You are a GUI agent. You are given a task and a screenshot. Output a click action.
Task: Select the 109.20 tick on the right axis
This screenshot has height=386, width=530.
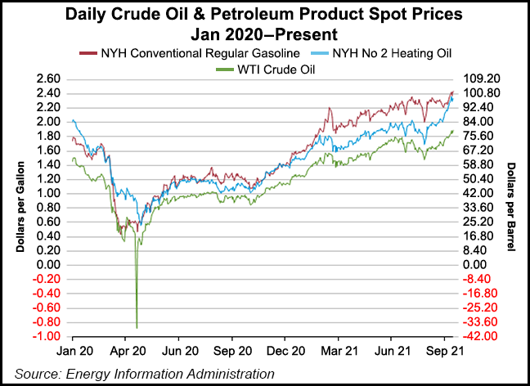coord(480,79)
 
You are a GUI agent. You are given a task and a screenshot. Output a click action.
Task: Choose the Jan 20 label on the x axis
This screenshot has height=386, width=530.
coord(73,350)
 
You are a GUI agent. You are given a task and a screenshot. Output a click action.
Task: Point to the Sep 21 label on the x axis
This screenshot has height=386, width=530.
coord(442,350)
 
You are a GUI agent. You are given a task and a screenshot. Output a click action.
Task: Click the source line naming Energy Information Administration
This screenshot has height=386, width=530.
coord(146,373)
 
